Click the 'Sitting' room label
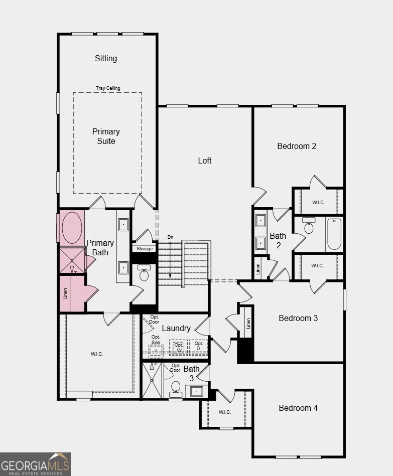tap(106, 58)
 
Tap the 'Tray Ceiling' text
tap(108, 88)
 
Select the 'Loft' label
tap(204, 161)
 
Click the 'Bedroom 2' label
tap(297, 146)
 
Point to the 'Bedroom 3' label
tap(298, 318)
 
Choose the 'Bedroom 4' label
tap(298, 408)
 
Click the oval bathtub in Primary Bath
tap(72, 228)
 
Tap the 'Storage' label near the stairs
tap(145, 249)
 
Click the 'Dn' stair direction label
tap(171, 237)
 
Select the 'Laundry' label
tap(176, 328)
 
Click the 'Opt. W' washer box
tap(179, 347)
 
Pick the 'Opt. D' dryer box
tap(198, 347)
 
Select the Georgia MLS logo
tap(35, 464)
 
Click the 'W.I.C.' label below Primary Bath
tap(97, 354)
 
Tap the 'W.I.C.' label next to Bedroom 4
tap(224, 412)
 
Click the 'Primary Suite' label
tap(106, 136)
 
